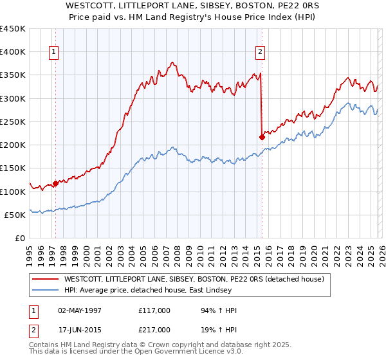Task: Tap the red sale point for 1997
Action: pyautogui.click(x=55, y=183)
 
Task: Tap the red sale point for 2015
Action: pyautogui.click(x=262, y=136)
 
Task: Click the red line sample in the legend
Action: pyautogui.click(x=46, y=279)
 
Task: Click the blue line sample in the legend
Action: pyautogui.click(x=46, y=290)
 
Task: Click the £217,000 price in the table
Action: pyautogui.click(x=154, y=329)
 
